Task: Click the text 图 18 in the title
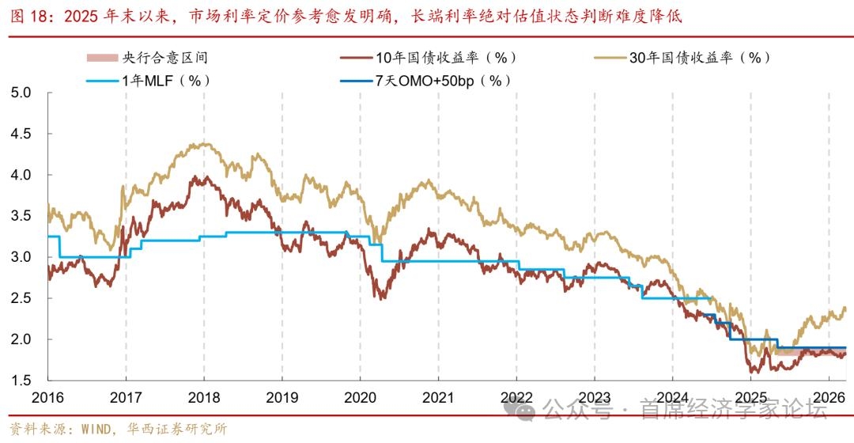[29, 16]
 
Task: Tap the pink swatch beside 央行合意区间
[101, 58]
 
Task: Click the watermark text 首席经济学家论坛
[723, 410]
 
